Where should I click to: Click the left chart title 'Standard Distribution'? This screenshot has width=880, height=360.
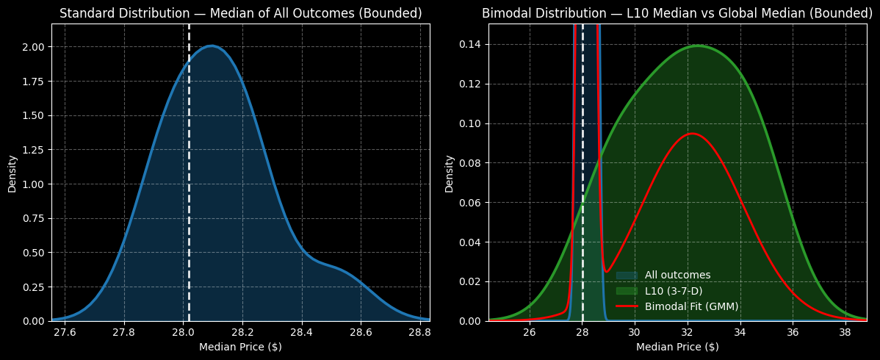tap(240, 13)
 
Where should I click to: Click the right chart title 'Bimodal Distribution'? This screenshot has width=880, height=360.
tap(677, 13)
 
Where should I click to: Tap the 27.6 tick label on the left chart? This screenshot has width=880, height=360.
tap(65, 332)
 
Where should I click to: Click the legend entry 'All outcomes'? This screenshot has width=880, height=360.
tap(677, 275)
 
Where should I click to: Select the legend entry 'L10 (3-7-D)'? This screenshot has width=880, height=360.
tap(673, 291)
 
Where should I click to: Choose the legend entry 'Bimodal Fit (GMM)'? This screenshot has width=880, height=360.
tap(691, 306)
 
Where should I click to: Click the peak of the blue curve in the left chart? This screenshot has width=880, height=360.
tap(212, 46)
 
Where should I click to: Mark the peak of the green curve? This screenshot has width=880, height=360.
tap(696, 46)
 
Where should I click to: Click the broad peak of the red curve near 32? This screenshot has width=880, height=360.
tap(691, 134)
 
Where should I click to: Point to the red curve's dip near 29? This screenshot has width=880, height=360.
tap(606, 272)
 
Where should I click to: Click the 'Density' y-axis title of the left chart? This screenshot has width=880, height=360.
tap(12, 173)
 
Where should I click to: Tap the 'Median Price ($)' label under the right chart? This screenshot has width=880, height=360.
tap(677, 347)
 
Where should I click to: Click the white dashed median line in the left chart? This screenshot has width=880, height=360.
tap(189, 184)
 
